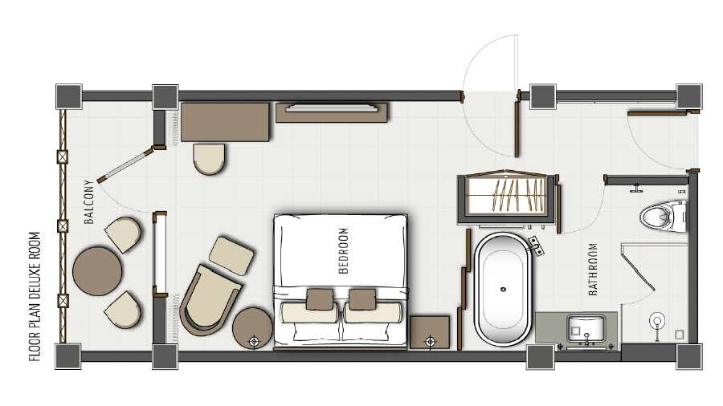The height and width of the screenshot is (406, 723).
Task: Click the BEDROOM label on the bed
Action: click(344, 251)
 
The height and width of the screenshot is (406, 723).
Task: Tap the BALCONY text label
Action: click(89, 201)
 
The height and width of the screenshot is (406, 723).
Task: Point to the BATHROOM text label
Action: click(593, 270)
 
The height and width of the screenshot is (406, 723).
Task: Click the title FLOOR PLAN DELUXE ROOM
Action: click(35, 296)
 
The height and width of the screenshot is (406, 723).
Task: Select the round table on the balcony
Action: click(97, 271)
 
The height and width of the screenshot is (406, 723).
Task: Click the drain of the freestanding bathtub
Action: click(503, 290)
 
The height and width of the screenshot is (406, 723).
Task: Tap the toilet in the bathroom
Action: click(663, 215)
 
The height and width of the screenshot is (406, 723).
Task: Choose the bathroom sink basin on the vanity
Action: click(586, 328)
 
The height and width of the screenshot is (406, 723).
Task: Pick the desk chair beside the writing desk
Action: click(210, 159)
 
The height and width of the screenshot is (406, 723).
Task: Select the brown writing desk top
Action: click(225, 122)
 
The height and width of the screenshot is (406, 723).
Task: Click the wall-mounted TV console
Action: click(331, 112)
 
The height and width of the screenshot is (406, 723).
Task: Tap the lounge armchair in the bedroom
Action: click(210, 299)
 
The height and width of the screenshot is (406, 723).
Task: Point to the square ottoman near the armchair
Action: click(231, 256)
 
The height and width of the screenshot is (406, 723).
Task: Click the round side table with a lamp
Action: click(252, 328)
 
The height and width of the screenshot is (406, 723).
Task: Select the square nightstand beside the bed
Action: click(430, 332)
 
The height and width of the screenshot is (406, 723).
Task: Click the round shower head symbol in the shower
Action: click(657, 320)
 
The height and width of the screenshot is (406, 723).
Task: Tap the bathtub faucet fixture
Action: click(537, 246)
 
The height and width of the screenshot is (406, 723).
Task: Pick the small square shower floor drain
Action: click(679, 335)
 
